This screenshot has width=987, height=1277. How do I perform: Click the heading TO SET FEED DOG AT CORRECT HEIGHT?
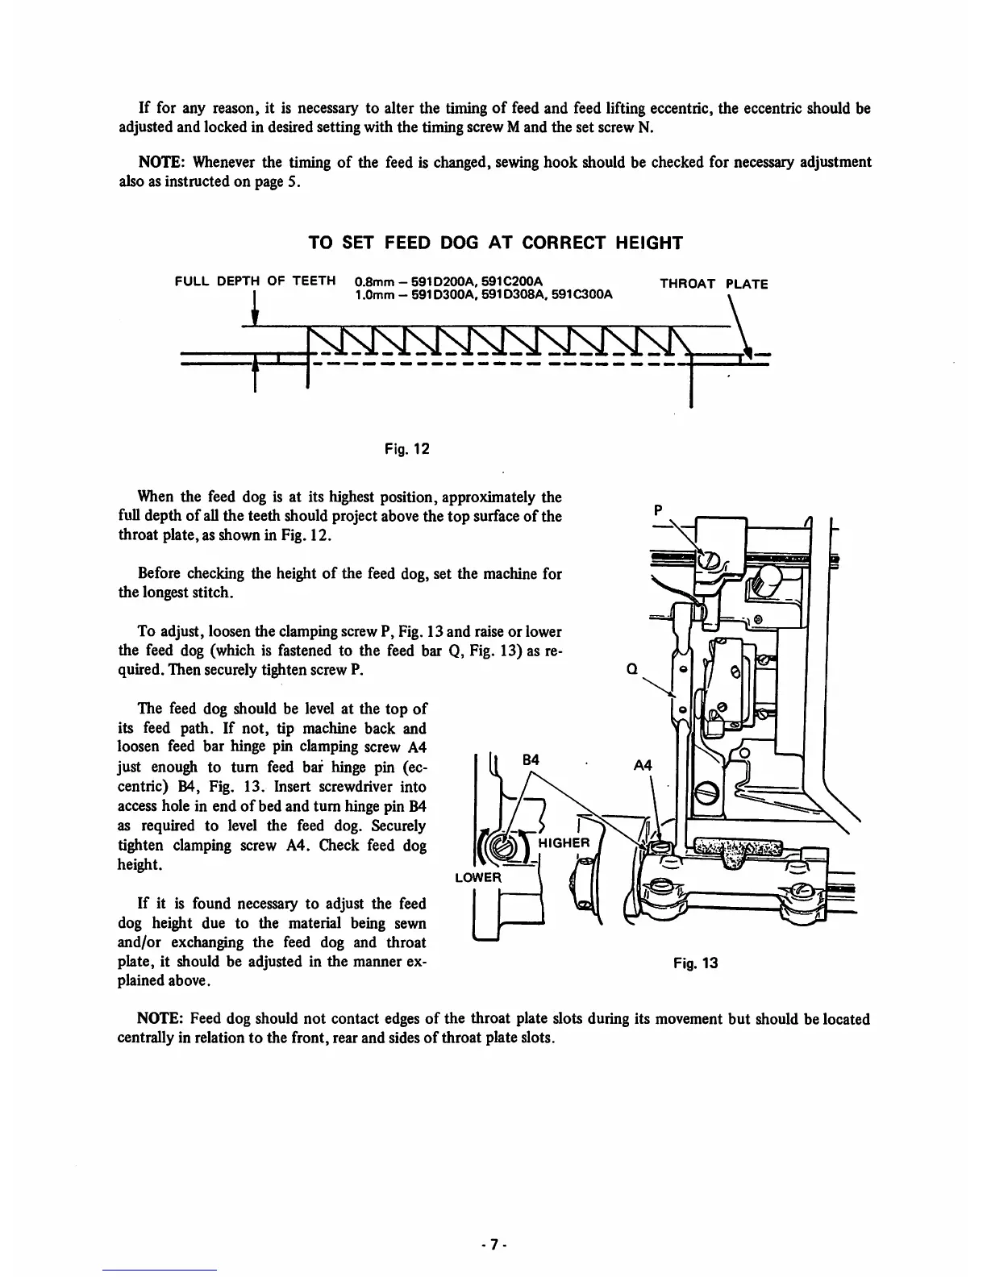(496, 243)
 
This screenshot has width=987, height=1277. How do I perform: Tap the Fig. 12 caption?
(406, 448)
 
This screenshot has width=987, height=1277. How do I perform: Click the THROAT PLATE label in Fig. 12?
(714, 284)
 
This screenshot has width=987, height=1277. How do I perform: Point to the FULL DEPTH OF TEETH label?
(255, 281)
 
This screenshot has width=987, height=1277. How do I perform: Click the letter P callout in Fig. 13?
(659, 510)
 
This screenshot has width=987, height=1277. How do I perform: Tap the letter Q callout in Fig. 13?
(632, 668)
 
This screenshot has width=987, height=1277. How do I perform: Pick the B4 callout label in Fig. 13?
(531, 759)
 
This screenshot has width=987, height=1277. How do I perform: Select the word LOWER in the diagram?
(478, 877)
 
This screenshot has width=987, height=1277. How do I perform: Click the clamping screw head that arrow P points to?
(708, 559)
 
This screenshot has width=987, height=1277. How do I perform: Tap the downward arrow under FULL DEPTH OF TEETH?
(255, 310)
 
